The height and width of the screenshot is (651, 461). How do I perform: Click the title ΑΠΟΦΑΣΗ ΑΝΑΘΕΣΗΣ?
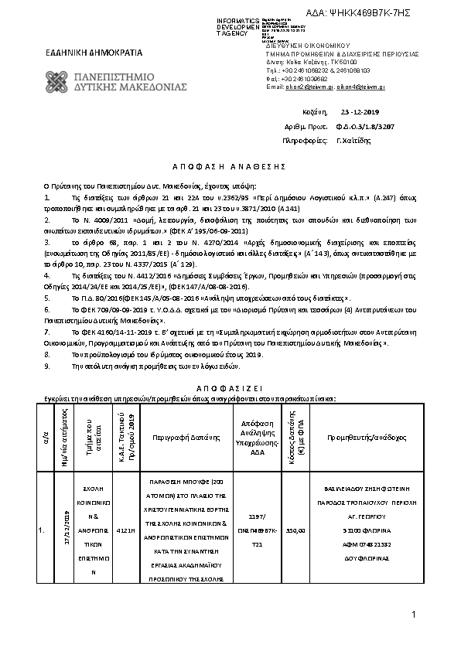tap(229, 166)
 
